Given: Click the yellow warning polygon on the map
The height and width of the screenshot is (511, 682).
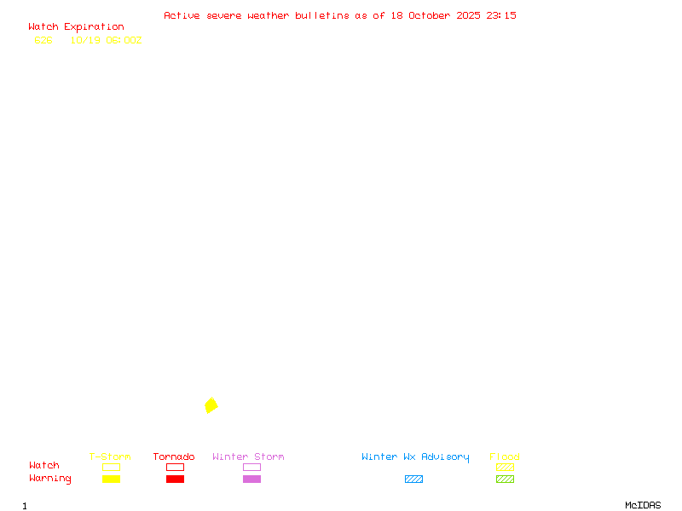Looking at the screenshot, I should pyautogui.click(x=211, y=405).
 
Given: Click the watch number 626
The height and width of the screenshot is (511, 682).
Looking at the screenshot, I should pyautogui.click(x=43, y=40).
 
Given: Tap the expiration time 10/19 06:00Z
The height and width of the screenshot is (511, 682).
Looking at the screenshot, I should pyautogui.click(x=106, y=40).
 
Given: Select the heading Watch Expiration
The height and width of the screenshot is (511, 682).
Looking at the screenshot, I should pyautogui.click(x=76, y=27).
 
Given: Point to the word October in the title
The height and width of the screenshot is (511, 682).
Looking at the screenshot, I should pyautogui.click(x=435, y=15).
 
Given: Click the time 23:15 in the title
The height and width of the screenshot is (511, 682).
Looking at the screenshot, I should pyautogui.click(x=501, y=15).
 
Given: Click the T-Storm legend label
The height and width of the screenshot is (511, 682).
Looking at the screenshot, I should pyautogui.click(x=110, y=457).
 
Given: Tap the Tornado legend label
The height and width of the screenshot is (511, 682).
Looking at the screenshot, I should pyautogui.click(x=174, y=457).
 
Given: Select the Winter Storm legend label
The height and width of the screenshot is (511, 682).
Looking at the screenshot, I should pyautogui.click(x=248, y=457).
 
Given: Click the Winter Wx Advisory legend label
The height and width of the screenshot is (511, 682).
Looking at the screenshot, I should pyautogui.click(x=415, y=457).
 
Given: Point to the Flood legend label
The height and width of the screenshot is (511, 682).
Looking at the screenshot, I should pyautogui.click(x=505, y=457).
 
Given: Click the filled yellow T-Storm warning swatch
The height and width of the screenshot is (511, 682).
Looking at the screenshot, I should pyautogui.click(x=111, y=479).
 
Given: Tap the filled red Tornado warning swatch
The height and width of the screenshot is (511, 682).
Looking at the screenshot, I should pyautogui.click(x=175, y=479).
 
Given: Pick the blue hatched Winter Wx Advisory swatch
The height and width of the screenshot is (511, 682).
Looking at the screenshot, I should pyautogui.click(x=413, y=479).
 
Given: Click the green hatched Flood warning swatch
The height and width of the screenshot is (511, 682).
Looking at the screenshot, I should pyautogui.click(x=505, y=479).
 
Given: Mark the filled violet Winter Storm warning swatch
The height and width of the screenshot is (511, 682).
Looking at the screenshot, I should pyautogui.click(x=251, y=479).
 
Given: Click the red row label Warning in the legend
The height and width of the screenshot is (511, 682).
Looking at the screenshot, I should pyautogui.click(x=50, y=479).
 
